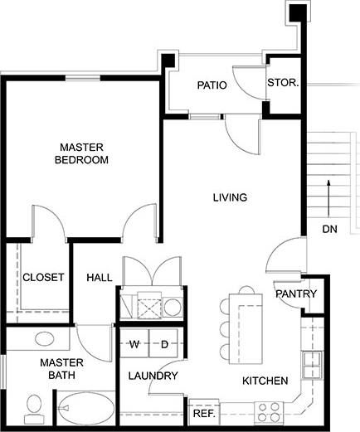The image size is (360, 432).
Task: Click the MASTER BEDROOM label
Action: pos(81,153)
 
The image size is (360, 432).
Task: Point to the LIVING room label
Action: pos(231,197)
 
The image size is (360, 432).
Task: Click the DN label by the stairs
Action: pos(329,229)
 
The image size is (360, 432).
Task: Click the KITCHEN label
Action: pos(265,381)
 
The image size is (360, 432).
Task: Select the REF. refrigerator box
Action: pos(203,412)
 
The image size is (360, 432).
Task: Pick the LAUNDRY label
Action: pos(153,376)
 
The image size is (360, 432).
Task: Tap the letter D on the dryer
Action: pos(164,343)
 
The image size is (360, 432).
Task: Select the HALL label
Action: pos(100,278)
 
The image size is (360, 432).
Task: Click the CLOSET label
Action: pos(43,278)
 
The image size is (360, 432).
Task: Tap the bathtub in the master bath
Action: pos(87,409)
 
